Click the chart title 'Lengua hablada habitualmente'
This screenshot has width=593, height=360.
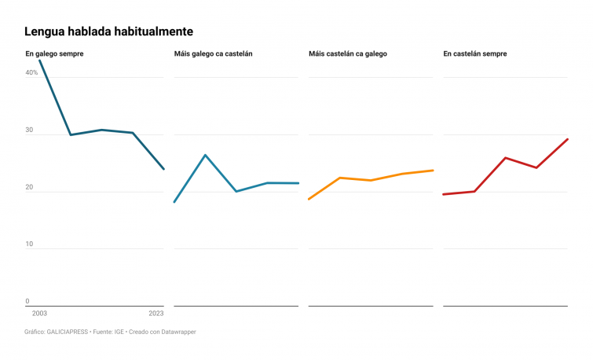click(108, 31)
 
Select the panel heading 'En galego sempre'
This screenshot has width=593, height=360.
click(54, 53)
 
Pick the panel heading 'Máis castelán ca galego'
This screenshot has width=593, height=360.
click(348, 53)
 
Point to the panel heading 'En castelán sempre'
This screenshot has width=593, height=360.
click(474, 53)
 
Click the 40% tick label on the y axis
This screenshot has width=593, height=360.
click(31, 72)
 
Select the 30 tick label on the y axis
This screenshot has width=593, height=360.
click(29, 130)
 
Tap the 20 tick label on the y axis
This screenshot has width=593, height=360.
click(29, 187)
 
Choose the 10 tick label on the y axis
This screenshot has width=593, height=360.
click(29, 244)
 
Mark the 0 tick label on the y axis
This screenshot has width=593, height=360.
click(27, 301)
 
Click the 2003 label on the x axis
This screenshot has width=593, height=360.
click(39, 313)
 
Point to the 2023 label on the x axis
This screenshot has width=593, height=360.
click(156, 313)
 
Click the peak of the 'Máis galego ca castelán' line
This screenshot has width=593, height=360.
click(205, 155)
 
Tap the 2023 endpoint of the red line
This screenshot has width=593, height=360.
click(567, 139)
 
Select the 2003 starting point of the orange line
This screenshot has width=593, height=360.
click(309, 199)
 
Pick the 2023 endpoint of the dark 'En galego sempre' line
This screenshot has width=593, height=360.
click(163, 169)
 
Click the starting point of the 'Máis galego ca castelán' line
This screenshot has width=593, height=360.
click(174, 202)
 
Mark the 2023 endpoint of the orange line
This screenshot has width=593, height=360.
click(433, 171)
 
